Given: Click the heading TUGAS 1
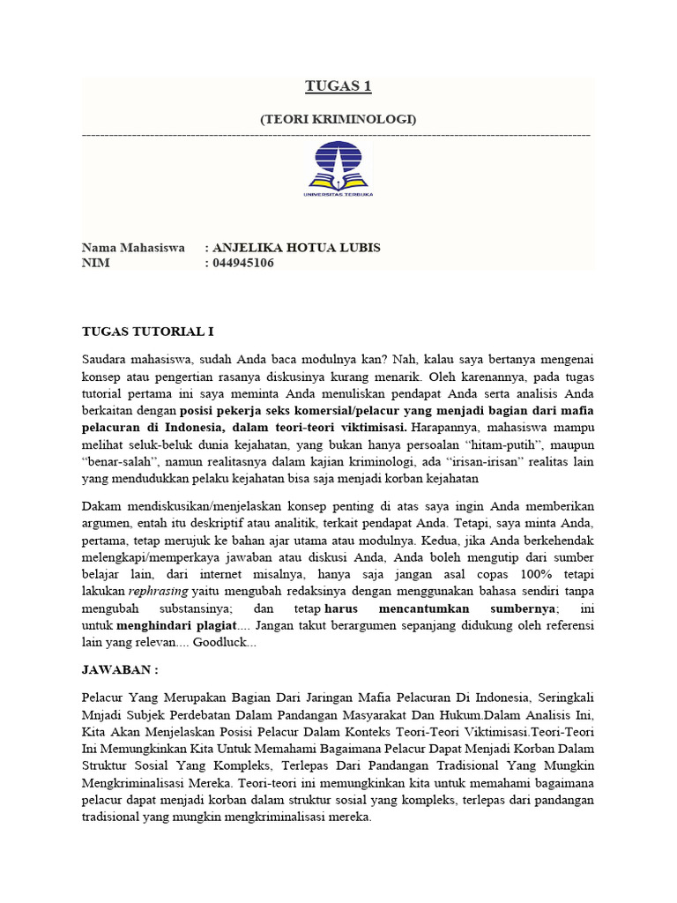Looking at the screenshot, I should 338,86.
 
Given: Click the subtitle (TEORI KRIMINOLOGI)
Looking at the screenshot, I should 338,118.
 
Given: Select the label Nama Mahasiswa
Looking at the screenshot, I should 133,248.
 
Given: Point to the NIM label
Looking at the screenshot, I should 95,263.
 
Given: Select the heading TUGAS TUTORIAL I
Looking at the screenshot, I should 147,332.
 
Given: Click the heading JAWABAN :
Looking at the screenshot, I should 119,670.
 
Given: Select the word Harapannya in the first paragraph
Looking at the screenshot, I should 445,428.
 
